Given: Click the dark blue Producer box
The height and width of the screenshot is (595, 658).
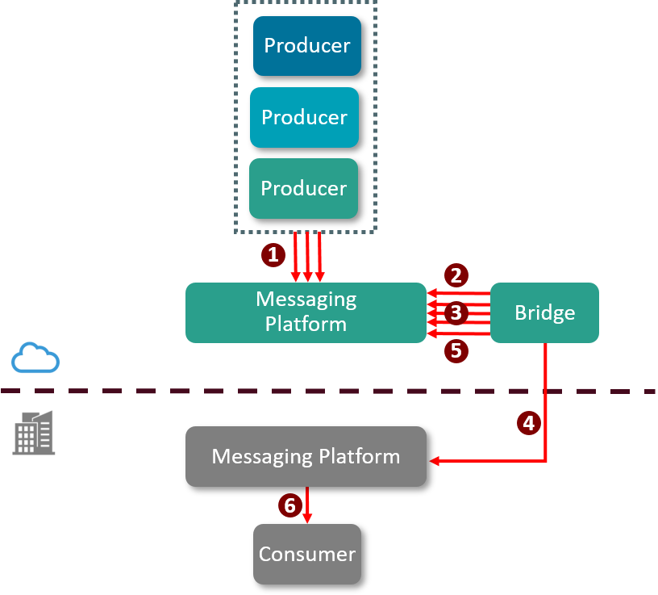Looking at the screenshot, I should [307, 46].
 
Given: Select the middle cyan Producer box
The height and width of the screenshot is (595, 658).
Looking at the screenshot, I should [304, 118].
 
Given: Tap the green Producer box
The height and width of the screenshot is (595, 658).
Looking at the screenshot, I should [303, 189].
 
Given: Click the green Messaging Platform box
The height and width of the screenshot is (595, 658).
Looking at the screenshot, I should [306, 312].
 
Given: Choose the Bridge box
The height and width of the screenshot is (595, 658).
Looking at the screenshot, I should [544, 313].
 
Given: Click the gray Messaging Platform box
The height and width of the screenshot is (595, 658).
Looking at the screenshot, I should [306, 457].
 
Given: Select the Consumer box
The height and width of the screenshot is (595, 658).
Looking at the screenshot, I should [306, 555].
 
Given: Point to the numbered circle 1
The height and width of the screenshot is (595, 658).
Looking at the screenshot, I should [273, 255].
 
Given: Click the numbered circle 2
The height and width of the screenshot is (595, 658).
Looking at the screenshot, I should [456, 275].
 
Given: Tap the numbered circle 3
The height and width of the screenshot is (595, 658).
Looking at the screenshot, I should [456, 312].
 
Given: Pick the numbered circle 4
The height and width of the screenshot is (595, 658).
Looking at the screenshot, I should [528, 422].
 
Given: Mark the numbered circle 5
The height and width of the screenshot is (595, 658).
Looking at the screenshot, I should [456, 350].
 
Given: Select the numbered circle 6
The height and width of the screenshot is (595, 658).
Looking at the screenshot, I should [290, 506].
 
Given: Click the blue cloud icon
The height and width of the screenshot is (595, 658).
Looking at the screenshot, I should [35, 358].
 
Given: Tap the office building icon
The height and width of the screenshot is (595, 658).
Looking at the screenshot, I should [34, 433].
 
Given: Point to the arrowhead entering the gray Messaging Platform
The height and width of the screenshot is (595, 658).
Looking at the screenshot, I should [435, 462].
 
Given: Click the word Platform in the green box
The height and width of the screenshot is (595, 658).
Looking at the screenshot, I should [306, 325].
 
